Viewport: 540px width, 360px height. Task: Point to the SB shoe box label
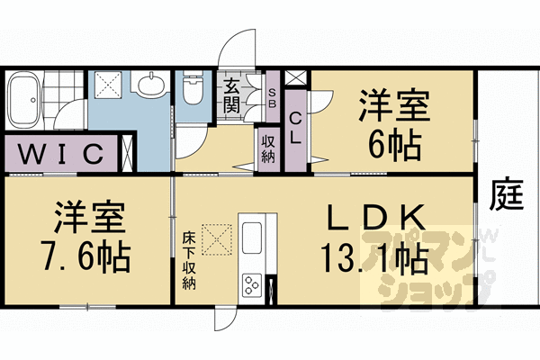(x=274, y=95)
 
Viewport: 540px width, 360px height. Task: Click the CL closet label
(x=295, y=128)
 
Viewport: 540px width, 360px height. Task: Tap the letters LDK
(x=373, y=218)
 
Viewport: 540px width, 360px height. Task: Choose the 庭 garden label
(x=508, y=194)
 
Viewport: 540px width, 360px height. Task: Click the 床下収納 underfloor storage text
(x=189, y=256)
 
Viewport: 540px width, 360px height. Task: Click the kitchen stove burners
(x=251, y=287)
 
